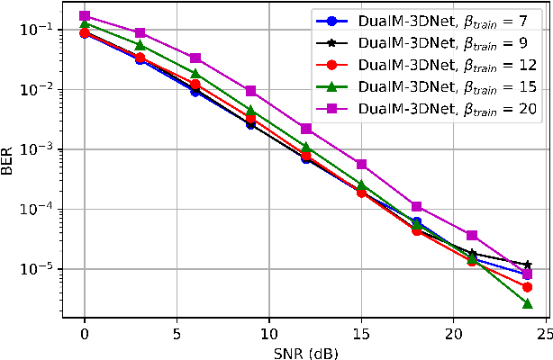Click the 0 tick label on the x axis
point(85,334)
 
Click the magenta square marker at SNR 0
point(85,16)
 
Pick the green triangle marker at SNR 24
point(527,303)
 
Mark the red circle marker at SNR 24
point(527,287)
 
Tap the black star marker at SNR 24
point(527,265)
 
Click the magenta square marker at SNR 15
point(361,165)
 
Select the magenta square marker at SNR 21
point(472,236)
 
